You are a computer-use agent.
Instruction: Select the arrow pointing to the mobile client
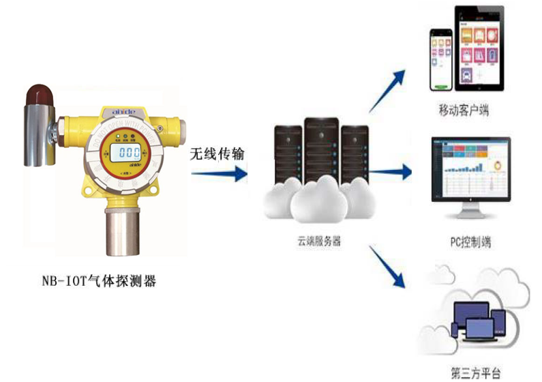391,87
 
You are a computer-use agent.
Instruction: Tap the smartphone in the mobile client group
441,59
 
